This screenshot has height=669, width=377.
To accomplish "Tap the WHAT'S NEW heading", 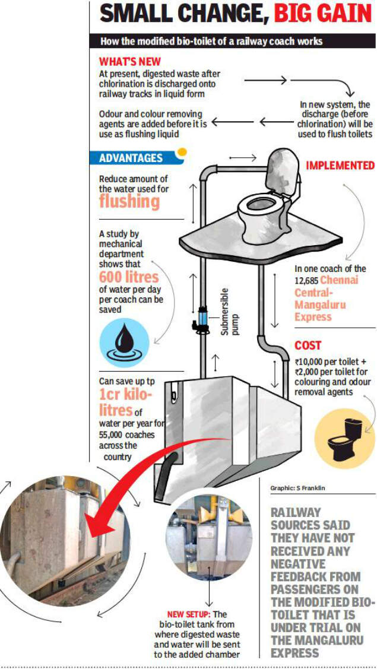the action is click(129, 62).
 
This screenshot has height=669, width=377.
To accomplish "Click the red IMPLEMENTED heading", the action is click(340, 165).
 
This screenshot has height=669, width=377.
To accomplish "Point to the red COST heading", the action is click(308, 345).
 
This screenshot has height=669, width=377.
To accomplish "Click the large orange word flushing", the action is click(129, 201).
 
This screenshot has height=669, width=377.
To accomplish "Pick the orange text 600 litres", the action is click(128, 277).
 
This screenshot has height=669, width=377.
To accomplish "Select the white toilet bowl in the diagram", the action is click(261, 213).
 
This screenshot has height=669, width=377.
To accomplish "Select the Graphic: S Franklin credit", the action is click(297, 488).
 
